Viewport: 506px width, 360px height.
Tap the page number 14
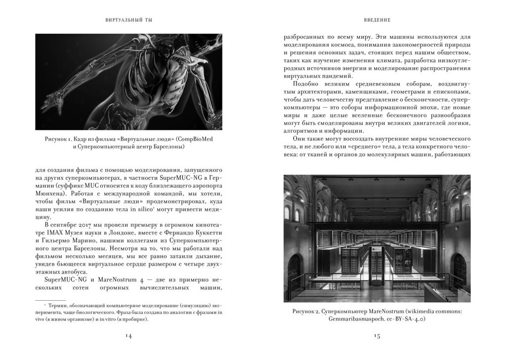click(x=128, y=336)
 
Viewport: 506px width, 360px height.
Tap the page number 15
click(x=377, y=336)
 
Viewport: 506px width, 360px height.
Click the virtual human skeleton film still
click(x=128, y=81)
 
